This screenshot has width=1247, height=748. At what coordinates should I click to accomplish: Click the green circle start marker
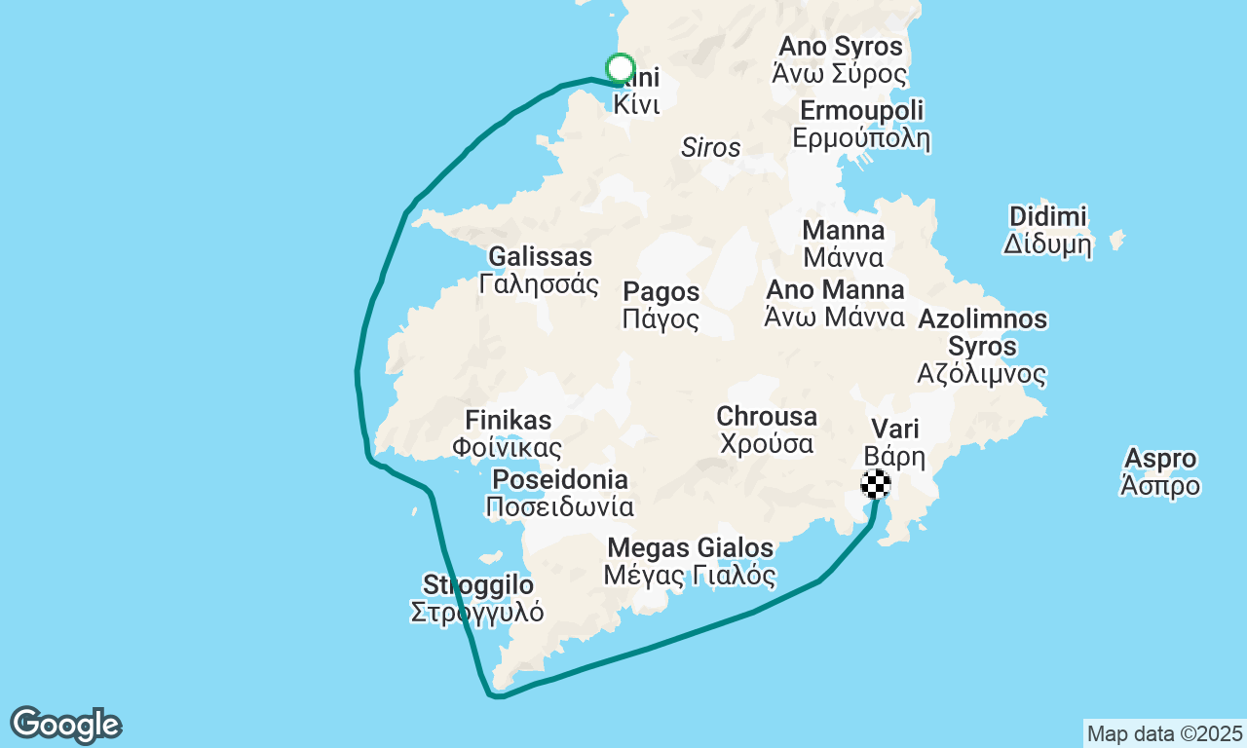pos(621,68)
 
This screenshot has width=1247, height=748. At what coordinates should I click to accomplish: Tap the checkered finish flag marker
pos(875,484)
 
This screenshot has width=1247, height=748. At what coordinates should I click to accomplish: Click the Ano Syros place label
pos(839,59)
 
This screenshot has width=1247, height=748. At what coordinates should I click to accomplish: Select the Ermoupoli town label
pos(861,124)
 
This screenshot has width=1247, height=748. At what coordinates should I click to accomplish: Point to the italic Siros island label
pos(710,148)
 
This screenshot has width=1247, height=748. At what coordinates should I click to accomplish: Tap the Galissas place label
pos(540,270)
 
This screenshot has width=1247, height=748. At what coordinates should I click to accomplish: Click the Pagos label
pos(661,305)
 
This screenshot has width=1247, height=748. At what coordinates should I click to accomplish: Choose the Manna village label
pos(844,243)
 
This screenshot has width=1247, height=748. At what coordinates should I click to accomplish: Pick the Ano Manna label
pos(835,303)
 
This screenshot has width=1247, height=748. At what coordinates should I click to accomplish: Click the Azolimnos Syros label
pos(982,346)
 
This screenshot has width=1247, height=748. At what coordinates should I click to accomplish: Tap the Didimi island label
pos(1047,230)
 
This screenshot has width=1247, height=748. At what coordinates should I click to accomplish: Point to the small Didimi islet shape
pos(1116,239)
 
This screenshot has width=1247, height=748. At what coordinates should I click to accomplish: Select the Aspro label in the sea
pos(1160,471)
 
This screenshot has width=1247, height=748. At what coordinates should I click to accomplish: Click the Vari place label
pos(894,442)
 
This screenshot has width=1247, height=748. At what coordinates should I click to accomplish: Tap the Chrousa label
pos(767,430)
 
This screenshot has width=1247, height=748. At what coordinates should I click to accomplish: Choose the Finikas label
pos(508,433)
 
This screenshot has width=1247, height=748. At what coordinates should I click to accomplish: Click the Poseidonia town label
pos(560,493)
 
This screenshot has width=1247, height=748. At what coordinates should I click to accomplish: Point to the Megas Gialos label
pos(690,561)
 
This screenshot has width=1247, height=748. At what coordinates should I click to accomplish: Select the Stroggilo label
pos(477,598)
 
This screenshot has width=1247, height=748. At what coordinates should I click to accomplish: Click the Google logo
pos(65,726)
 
